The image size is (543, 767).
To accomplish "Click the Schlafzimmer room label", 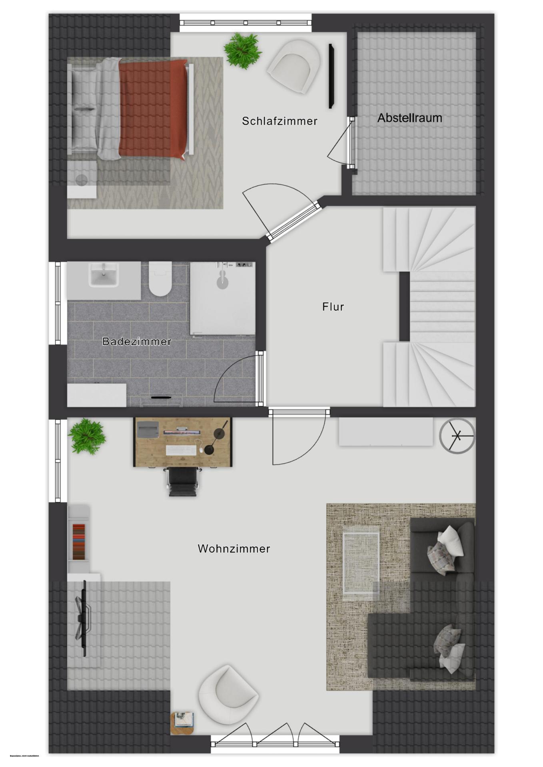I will point(279,121).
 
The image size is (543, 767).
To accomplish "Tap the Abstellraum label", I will point(409,118).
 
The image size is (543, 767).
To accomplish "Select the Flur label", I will point(333,307).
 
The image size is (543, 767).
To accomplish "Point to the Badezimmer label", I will point(137,342).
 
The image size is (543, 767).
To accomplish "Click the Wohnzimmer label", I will point(234,548).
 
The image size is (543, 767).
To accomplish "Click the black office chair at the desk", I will point(182,481).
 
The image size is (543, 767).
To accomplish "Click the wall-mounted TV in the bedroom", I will point(331,76).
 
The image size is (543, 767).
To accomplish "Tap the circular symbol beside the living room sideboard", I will point(457,436).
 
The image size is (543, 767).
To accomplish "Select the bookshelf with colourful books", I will point(79,541).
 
